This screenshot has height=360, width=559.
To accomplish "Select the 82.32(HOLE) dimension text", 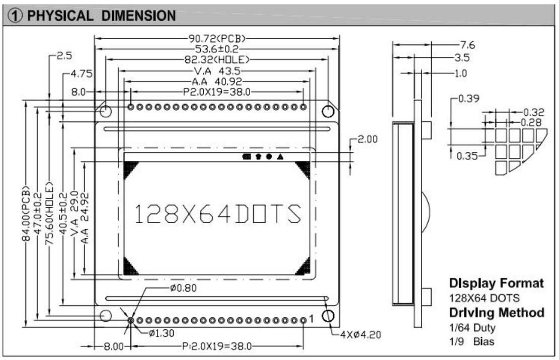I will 217,60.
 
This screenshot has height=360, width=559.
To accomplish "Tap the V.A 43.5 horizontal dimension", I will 217,71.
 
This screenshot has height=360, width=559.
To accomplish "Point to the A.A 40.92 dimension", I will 217,81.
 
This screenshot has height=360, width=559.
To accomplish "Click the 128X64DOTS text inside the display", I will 218,214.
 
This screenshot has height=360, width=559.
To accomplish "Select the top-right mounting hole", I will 328,111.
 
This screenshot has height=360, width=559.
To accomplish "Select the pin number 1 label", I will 311,319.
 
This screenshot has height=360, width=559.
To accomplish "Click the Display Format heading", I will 496,283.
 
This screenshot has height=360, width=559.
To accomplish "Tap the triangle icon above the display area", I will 280,156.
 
